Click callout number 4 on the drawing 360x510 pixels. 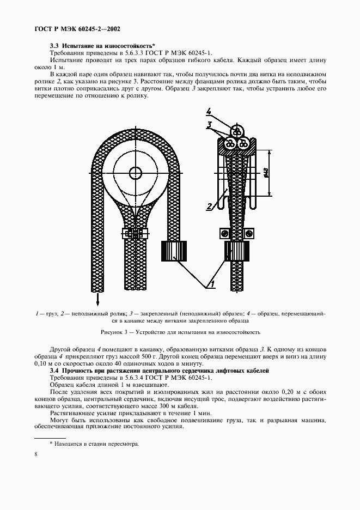tap(209, 112)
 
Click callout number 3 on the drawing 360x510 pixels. tap(209, 126)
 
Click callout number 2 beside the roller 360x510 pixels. tap(209, 206)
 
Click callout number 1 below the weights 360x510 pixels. tap(213, 283)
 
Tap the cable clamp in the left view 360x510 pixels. tap(134, 234)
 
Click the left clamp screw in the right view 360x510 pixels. tap(223, 233)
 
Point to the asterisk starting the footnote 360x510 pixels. tap(51, 444)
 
